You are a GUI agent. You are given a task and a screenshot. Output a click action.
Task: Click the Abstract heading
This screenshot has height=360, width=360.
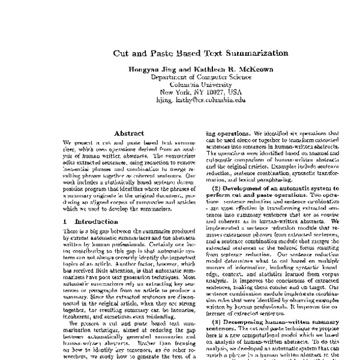(128, 133)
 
